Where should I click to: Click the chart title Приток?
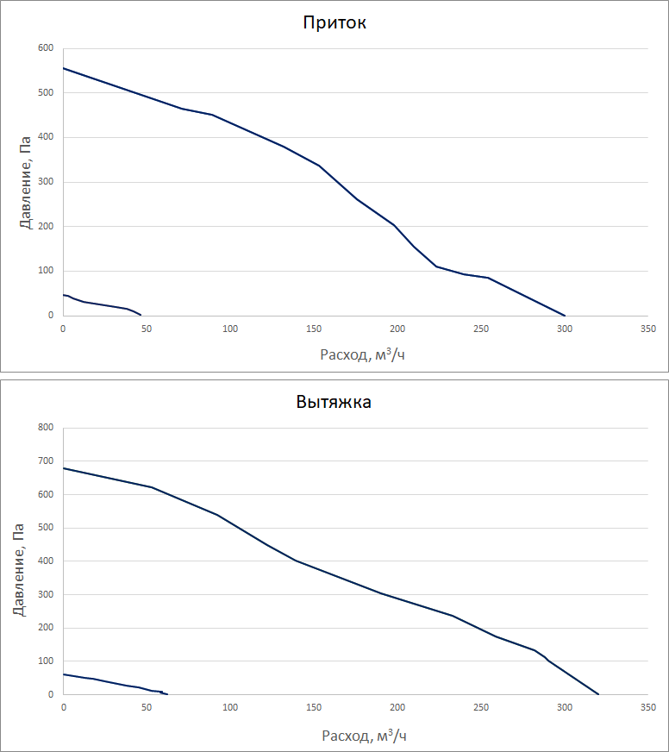tap(334, 23)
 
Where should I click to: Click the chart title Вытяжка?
tap(334, 402)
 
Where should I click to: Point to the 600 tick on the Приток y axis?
tap(46, 48)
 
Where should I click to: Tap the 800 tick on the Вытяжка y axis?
tap(46, 428)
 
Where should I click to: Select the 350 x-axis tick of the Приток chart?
tap(648, 329)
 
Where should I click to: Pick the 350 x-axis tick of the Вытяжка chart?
tap(648, 708)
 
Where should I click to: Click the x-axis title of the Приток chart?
tap(362, 354)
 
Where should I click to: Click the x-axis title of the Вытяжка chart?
tap(362, 736)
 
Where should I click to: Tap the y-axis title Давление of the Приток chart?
tap(26, 182)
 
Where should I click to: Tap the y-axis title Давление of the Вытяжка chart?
tap(19, 561)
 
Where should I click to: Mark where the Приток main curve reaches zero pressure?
tap(565, 316)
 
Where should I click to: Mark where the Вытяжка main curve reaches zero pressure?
tap(598, 694)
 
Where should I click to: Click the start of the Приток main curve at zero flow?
tap(64, 68)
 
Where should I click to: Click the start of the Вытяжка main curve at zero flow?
tap(64, 468)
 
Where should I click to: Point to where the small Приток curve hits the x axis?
tap(141, 315)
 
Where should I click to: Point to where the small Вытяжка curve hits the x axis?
tap(167, 694)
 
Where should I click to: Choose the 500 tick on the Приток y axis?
tap(46, 93)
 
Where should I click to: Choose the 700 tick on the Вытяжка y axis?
tap(46, 461)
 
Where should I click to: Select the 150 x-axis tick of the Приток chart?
tap(314, 329)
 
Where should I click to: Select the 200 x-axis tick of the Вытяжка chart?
tap(397, 708)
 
